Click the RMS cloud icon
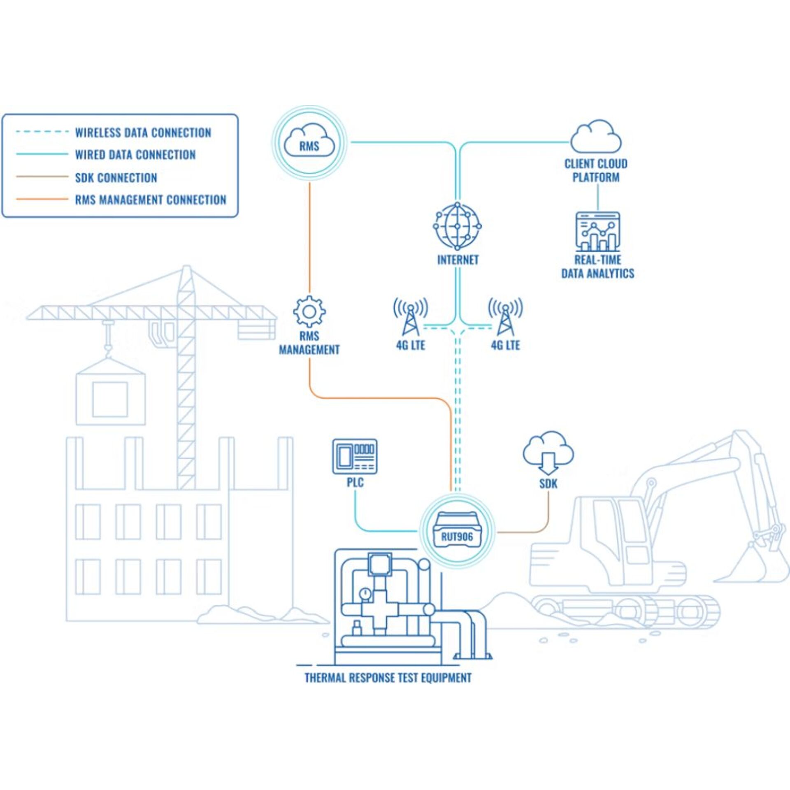coord(309,142)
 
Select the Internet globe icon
coord(457,226)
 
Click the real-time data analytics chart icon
coord(597,231)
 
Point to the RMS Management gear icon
coord(309,311)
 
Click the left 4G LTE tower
coord(411,316)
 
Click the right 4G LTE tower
coord(505,316)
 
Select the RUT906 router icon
coord(457,531)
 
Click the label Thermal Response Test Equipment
coord(388,678)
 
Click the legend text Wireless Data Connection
coord(143,132)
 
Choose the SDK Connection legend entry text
coord(116,178)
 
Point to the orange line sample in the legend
coord(42,200)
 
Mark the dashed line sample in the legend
coord(42,132)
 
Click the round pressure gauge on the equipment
coord(365,593)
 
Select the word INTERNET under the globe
coord(458,260)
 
